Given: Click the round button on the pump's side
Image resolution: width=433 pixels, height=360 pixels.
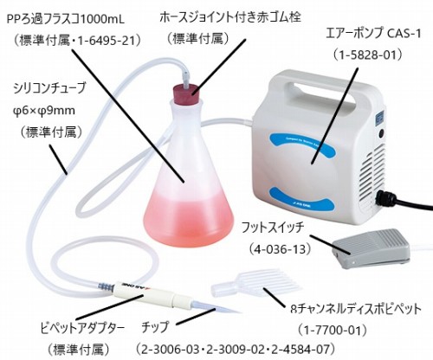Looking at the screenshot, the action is pos(382,134).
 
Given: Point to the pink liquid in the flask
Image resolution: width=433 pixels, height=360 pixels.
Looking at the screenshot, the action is pos(189,218).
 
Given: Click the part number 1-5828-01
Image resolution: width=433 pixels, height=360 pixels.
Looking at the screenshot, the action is pos(367,55).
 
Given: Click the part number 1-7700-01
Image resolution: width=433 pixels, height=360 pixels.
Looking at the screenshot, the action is pos(333,330).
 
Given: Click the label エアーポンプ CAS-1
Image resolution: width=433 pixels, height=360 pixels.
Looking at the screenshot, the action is pos(373,34).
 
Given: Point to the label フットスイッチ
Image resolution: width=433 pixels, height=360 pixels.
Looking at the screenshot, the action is pos(273,228).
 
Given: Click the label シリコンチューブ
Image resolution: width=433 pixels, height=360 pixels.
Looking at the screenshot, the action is pos(49,87).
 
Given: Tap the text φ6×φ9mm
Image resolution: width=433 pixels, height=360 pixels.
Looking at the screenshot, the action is pos(44,111).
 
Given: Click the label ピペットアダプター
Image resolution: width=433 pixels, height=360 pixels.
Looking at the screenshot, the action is pos(83,328).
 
